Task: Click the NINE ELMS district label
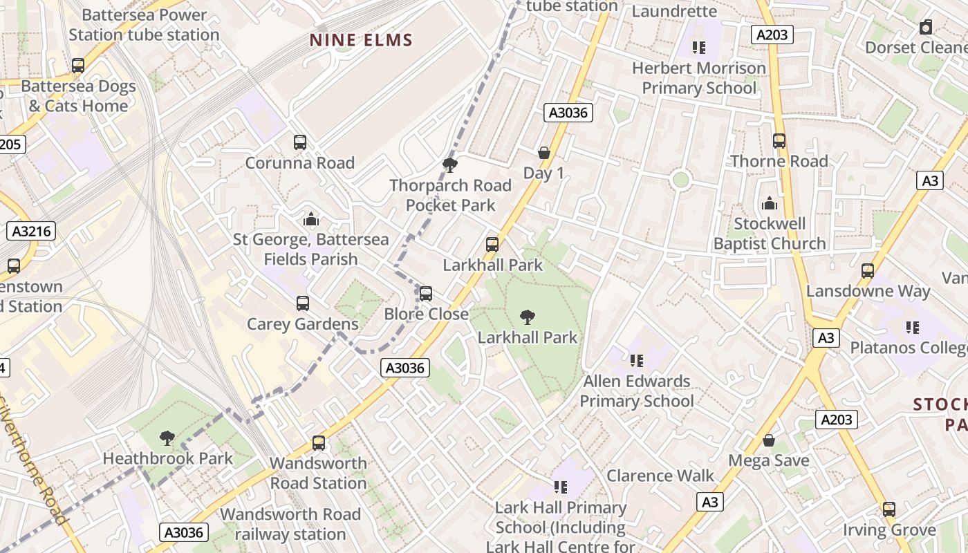(361, 40)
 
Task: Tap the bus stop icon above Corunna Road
(300, 142)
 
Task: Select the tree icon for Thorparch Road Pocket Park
(449, 165)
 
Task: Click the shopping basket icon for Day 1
(544, 152)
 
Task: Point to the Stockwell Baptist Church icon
(769, 203)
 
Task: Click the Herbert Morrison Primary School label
(699, 78)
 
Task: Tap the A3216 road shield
(32, 231)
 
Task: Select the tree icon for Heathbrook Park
(167, 438)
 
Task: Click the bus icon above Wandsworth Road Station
(318, 442)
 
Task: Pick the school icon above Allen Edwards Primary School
(637, 360)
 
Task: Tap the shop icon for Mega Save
(769, 440)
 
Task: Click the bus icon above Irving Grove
(888, 509)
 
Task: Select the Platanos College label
(909, 347)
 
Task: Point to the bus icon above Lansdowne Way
(868, 270)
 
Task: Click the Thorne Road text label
(779, 161)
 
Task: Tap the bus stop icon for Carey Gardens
(303, 303)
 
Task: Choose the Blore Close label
(427, 314)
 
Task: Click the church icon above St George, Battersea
(311, 219)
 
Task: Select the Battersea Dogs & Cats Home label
(77, 96)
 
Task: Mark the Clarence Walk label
(660, 476)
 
